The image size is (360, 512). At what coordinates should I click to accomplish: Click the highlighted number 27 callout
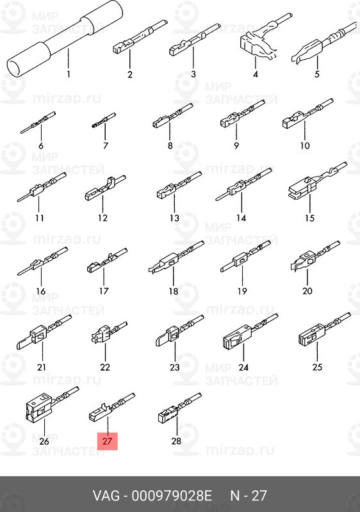pyautogui.click(x=107, y=442)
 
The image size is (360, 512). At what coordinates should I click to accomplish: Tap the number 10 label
pyautogui.click(x=305, y=146)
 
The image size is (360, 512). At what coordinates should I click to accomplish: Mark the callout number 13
pyautogui.click(x=174, y=218)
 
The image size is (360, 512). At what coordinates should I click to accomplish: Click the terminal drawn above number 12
pyautogui.click(x=101, y=191)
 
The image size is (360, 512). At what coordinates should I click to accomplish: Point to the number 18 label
pyautogui.click(x=173, y=291)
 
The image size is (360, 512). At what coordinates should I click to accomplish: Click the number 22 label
pyautogui.click(x=105, y=367)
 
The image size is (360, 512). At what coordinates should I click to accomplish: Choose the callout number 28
pyautogui.click(x=176, y=441)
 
